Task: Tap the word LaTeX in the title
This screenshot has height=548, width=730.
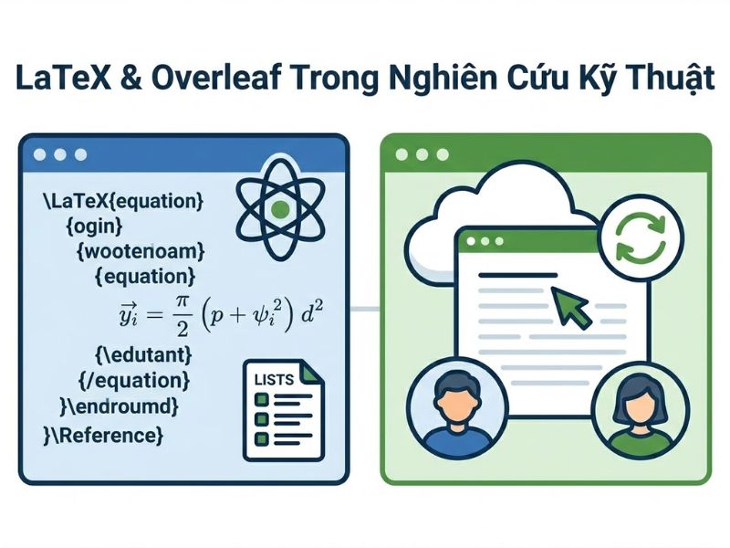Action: [x=56, y=79]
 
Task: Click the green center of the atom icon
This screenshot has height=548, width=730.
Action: [x=281, y=209]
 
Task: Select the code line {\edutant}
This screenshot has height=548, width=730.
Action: [x=141, y=353]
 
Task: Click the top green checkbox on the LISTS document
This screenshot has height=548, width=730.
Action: [x=260, y=399]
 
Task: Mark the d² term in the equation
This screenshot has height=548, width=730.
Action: [x=314, y=315]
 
